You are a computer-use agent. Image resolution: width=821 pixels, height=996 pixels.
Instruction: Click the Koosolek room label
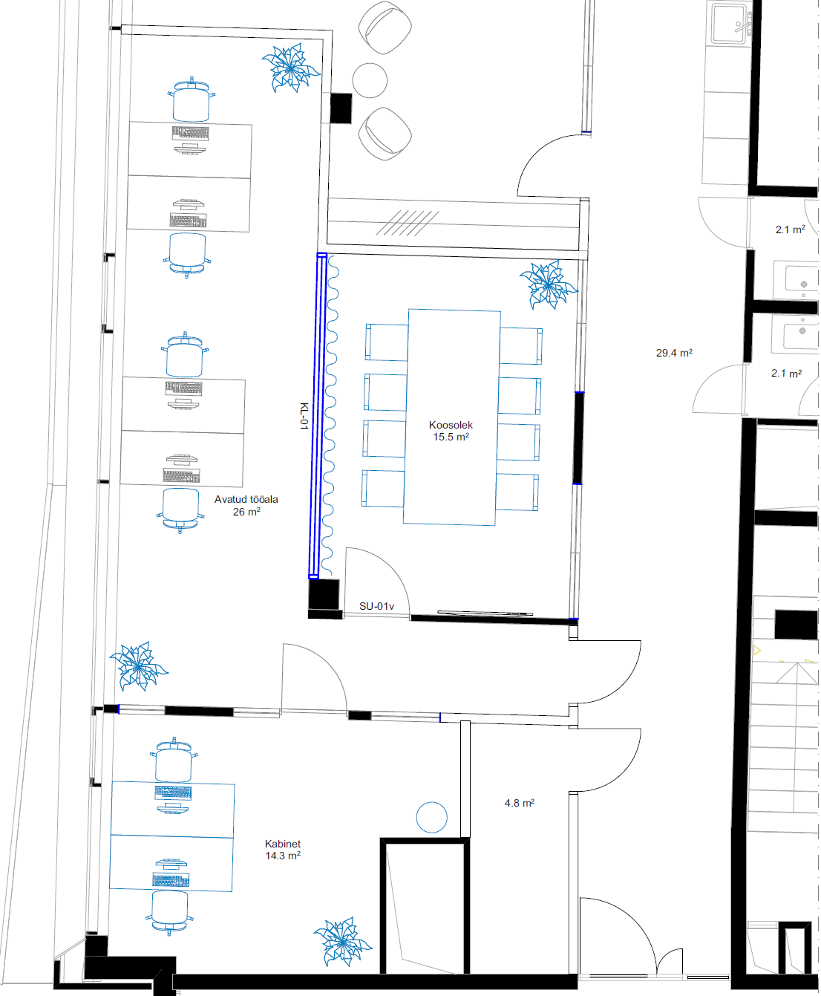tap(451, 425)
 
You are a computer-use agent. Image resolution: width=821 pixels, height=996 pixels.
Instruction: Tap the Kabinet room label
tap(283, 844)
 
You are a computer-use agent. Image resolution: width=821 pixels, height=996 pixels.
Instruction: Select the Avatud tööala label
tap(246, 499)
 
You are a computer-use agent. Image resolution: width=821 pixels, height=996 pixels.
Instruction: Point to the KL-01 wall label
tap(304, 416)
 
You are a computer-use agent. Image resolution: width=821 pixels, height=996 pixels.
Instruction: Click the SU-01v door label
tap(376, 606)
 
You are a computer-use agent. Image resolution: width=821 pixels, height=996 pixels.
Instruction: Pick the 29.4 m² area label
tap(674, 353)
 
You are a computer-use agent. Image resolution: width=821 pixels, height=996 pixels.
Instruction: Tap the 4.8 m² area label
tap(519, 804)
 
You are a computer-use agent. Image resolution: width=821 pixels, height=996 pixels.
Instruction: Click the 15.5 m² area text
tap(451, 437)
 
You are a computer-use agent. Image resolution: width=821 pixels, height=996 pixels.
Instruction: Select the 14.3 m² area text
tap(283, 856)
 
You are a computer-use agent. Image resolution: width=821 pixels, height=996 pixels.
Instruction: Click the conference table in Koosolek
tap(452, 417)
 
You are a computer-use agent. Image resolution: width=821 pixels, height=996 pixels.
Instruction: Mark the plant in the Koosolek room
tap(549, 284)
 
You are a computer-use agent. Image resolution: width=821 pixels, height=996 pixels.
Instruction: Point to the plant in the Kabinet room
tap(342, 942)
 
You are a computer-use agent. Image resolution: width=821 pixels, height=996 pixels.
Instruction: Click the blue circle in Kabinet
tap(431, 817)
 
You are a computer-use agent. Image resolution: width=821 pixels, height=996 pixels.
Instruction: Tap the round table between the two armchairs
tap(370, 80)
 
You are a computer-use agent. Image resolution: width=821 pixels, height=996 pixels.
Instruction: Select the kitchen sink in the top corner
tap(730, 23)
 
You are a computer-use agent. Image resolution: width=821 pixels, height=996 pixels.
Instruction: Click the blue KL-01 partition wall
tap(318, 416)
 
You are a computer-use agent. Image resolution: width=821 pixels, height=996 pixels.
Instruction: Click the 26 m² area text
tap(246, 512)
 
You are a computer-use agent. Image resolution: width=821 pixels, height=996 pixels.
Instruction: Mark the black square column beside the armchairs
tap(341, 108)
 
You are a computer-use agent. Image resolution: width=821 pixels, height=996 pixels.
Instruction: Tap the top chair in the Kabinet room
tap(174, 761)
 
